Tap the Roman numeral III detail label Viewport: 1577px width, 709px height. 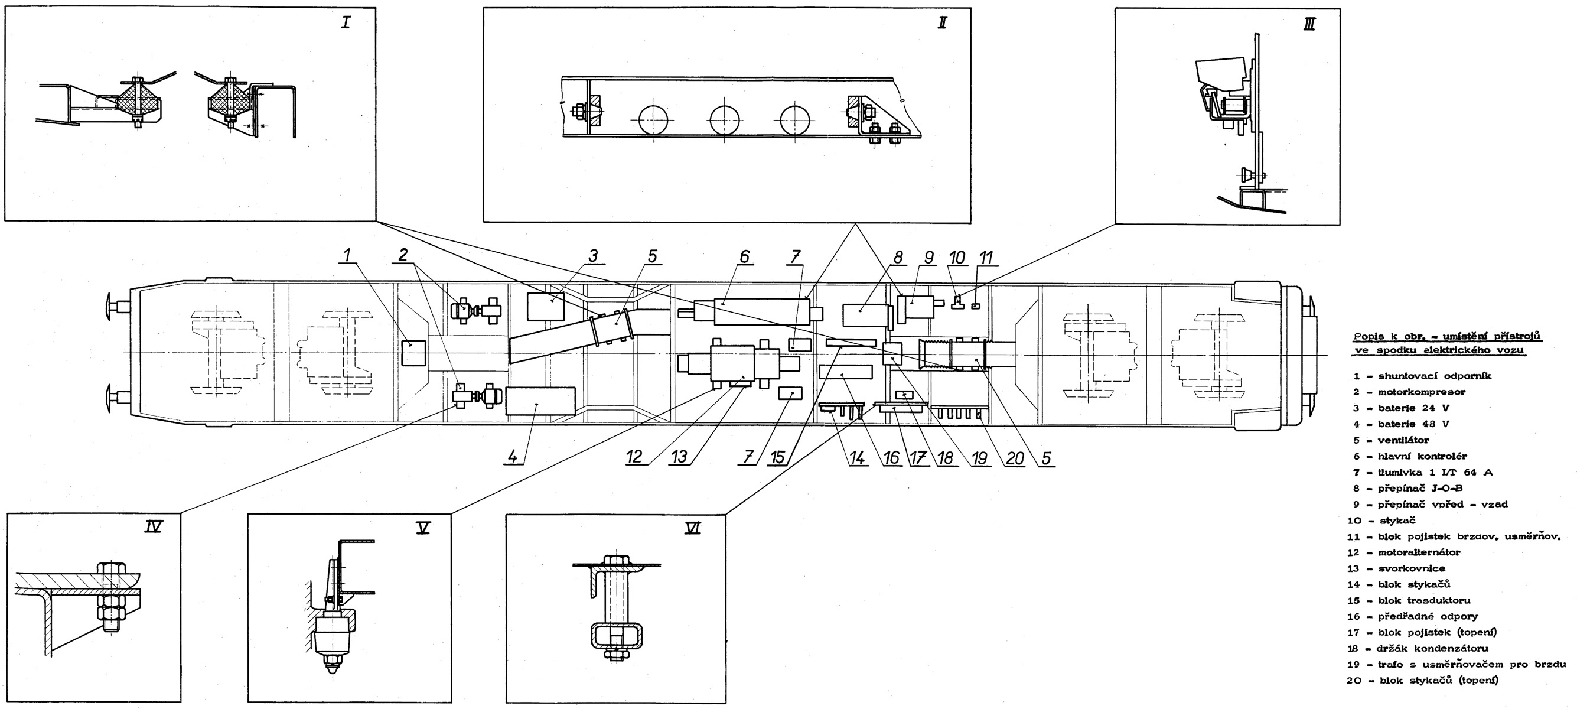click(x=1309, y=25)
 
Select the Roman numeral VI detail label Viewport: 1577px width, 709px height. click(x=692, y=528)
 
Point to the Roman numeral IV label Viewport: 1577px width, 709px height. click(x=153, y=526)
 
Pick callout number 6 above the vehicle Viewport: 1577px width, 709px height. click(x=744, y=256)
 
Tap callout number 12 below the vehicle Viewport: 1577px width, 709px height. click(x=634, y=457)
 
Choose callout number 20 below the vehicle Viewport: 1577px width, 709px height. click(x=1014, y=458)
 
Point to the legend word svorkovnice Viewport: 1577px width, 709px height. click(x=1411, y=568)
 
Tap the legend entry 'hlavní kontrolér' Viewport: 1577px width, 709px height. click(x=1422, y=456)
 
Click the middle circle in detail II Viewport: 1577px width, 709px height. click(x=724, y=119)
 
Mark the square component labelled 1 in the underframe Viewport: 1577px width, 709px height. click(x=413, y=353)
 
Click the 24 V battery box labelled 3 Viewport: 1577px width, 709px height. click(x=546, y=306)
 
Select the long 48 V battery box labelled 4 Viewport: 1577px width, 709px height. click(x=540, y=402)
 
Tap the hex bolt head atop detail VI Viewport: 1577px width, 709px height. click(x=615, y=560)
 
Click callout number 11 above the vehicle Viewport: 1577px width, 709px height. click(x=986, y=258)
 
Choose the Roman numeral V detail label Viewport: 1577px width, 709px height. click(x=422, y=528)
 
